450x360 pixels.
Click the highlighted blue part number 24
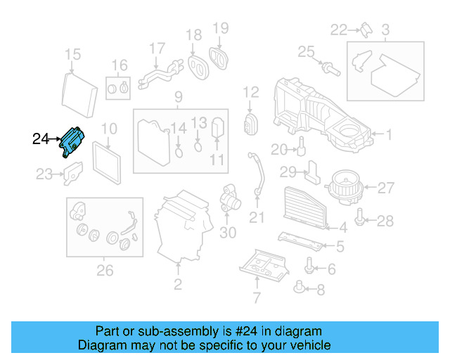pos(74,143)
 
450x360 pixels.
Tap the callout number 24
pos(41,139)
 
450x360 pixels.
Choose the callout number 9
pos(178,96)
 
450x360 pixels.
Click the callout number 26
pos(104,269)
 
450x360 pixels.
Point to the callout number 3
pos(385,30)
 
